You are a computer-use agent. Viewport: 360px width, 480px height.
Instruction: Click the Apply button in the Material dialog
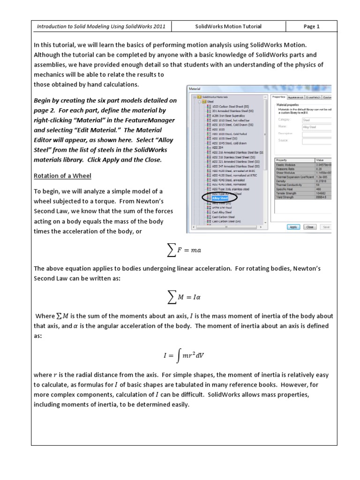click(293, 227)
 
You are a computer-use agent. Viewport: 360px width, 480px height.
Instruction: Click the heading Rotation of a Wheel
click(62, 176)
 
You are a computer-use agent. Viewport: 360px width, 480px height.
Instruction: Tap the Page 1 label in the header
click(311, 27)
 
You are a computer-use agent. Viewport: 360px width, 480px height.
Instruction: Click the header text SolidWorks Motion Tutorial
click(228, 27)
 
